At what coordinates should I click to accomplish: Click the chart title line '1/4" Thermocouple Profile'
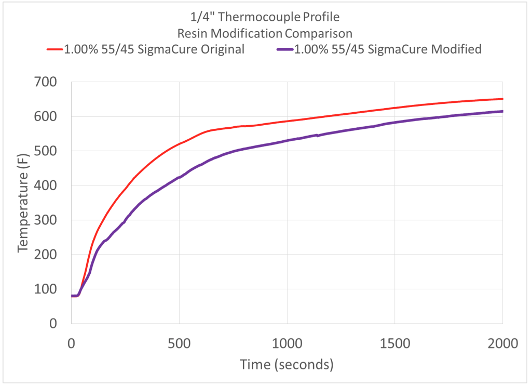coord(265,17)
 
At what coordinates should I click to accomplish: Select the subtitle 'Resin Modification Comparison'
coord(265,33)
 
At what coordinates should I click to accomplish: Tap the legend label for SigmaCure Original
coord(154,49)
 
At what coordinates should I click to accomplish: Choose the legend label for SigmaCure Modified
coord(388,49)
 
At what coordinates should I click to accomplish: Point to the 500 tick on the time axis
coord(179,343)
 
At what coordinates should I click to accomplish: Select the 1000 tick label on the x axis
coord(287,343)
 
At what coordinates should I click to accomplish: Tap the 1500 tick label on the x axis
coord(394,343)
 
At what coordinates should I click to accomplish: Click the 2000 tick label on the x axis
coord(502,343)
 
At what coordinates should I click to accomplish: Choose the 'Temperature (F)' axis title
coord(23,203)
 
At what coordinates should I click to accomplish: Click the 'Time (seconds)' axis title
coord(287,365)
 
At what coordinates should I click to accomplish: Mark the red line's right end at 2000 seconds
coord(502,99)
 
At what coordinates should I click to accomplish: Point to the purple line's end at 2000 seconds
coord(502,111)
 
